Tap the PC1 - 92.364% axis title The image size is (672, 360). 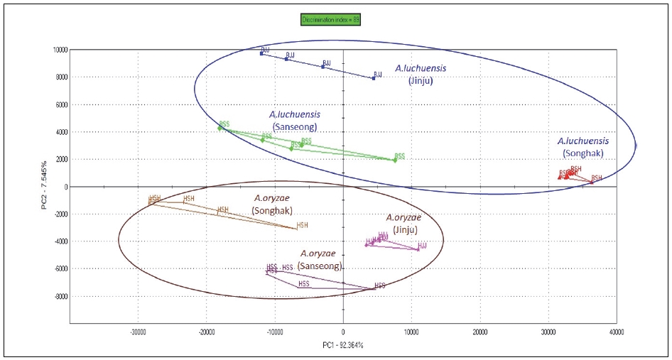(343, 344)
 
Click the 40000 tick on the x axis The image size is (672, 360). (616, 332)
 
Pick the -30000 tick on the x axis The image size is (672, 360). (138, 332)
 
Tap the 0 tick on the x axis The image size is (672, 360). (343, 332)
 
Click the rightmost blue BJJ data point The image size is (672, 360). (374, 77)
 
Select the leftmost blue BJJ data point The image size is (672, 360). (261, 53)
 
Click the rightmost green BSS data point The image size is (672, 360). (395, 160)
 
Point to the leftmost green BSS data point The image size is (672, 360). (220, 127)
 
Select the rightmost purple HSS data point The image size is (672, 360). (375, 288)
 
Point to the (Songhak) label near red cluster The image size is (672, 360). (582, 153)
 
